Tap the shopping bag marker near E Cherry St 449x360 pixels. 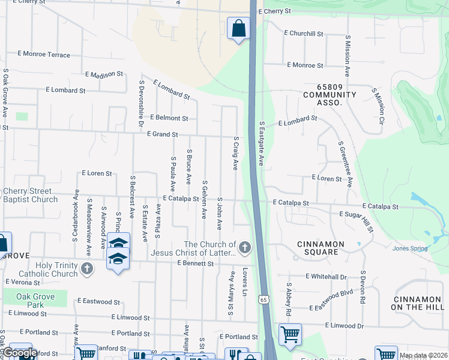tap(238, 28)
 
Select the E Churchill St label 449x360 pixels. tap(306, 34)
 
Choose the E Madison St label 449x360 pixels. tap(103, 74)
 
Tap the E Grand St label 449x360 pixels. tap(163, 134)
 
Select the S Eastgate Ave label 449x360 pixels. tap(262, 144)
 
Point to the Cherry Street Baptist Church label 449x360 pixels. tap(30, 196)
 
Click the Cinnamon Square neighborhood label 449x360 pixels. tap(321, 248)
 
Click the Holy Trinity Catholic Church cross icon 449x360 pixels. tap(87, 268)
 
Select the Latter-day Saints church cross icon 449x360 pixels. tap(244, 247)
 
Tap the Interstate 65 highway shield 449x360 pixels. tap(265, 299)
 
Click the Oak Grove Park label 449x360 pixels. tap(36, 301)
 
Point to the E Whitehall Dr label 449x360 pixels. tap(326, 277)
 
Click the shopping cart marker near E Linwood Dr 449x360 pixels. tap(289, 334)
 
